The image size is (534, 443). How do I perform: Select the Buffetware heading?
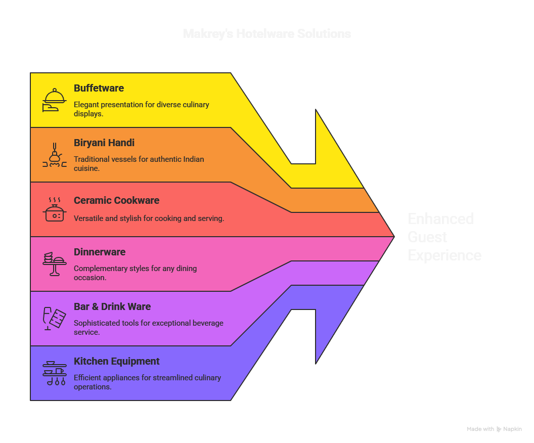(99, 88)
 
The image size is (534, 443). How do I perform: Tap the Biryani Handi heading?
(104, 143)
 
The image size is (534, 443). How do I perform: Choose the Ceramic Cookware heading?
(116, 200)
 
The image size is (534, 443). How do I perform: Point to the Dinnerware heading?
(100, 252)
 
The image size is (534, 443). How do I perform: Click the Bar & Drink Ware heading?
(112, 306)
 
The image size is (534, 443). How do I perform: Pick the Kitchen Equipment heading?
(116, 361)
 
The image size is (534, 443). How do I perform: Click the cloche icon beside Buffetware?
(54, 100)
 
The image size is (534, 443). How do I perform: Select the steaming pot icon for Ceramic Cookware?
(54, 210)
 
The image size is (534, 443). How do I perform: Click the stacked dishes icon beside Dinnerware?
(54, 263)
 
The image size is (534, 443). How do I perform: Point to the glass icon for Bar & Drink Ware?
(54, 319)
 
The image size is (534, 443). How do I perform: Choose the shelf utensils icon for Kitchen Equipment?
(54, 373)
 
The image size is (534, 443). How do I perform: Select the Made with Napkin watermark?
(494, 429)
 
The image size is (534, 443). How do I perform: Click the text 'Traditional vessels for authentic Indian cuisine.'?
(139, 163)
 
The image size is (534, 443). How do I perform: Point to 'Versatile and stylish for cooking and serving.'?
(149, 218)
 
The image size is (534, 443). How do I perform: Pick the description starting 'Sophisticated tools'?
(148, 327)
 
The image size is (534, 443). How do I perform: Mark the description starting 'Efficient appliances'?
(147, 382)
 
